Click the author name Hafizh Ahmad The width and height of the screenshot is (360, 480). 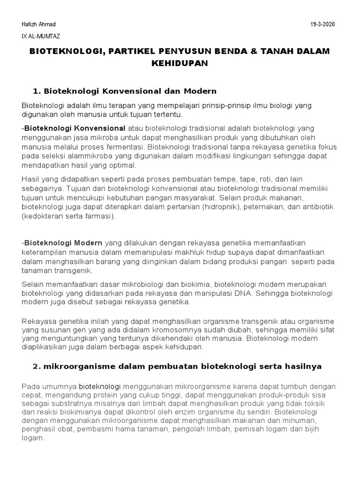38,24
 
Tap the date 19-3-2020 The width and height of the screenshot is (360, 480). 323,24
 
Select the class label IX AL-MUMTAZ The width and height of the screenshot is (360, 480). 41,36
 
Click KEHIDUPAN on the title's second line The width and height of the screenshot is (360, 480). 179,63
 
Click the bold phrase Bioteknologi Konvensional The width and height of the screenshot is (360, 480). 75,128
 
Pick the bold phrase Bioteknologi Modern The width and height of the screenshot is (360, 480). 63,243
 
